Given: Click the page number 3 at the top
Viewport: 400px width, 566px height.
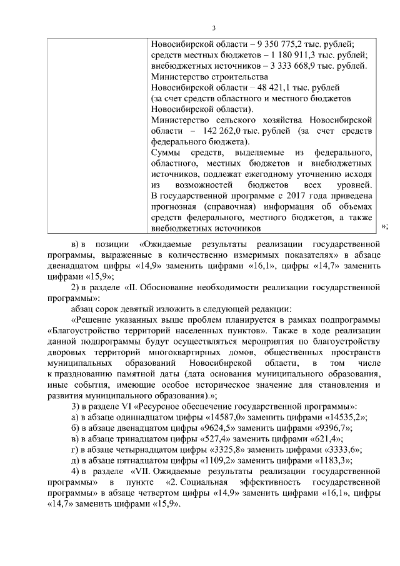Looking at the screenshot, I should pyautogui.click(x=214, y=28).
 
